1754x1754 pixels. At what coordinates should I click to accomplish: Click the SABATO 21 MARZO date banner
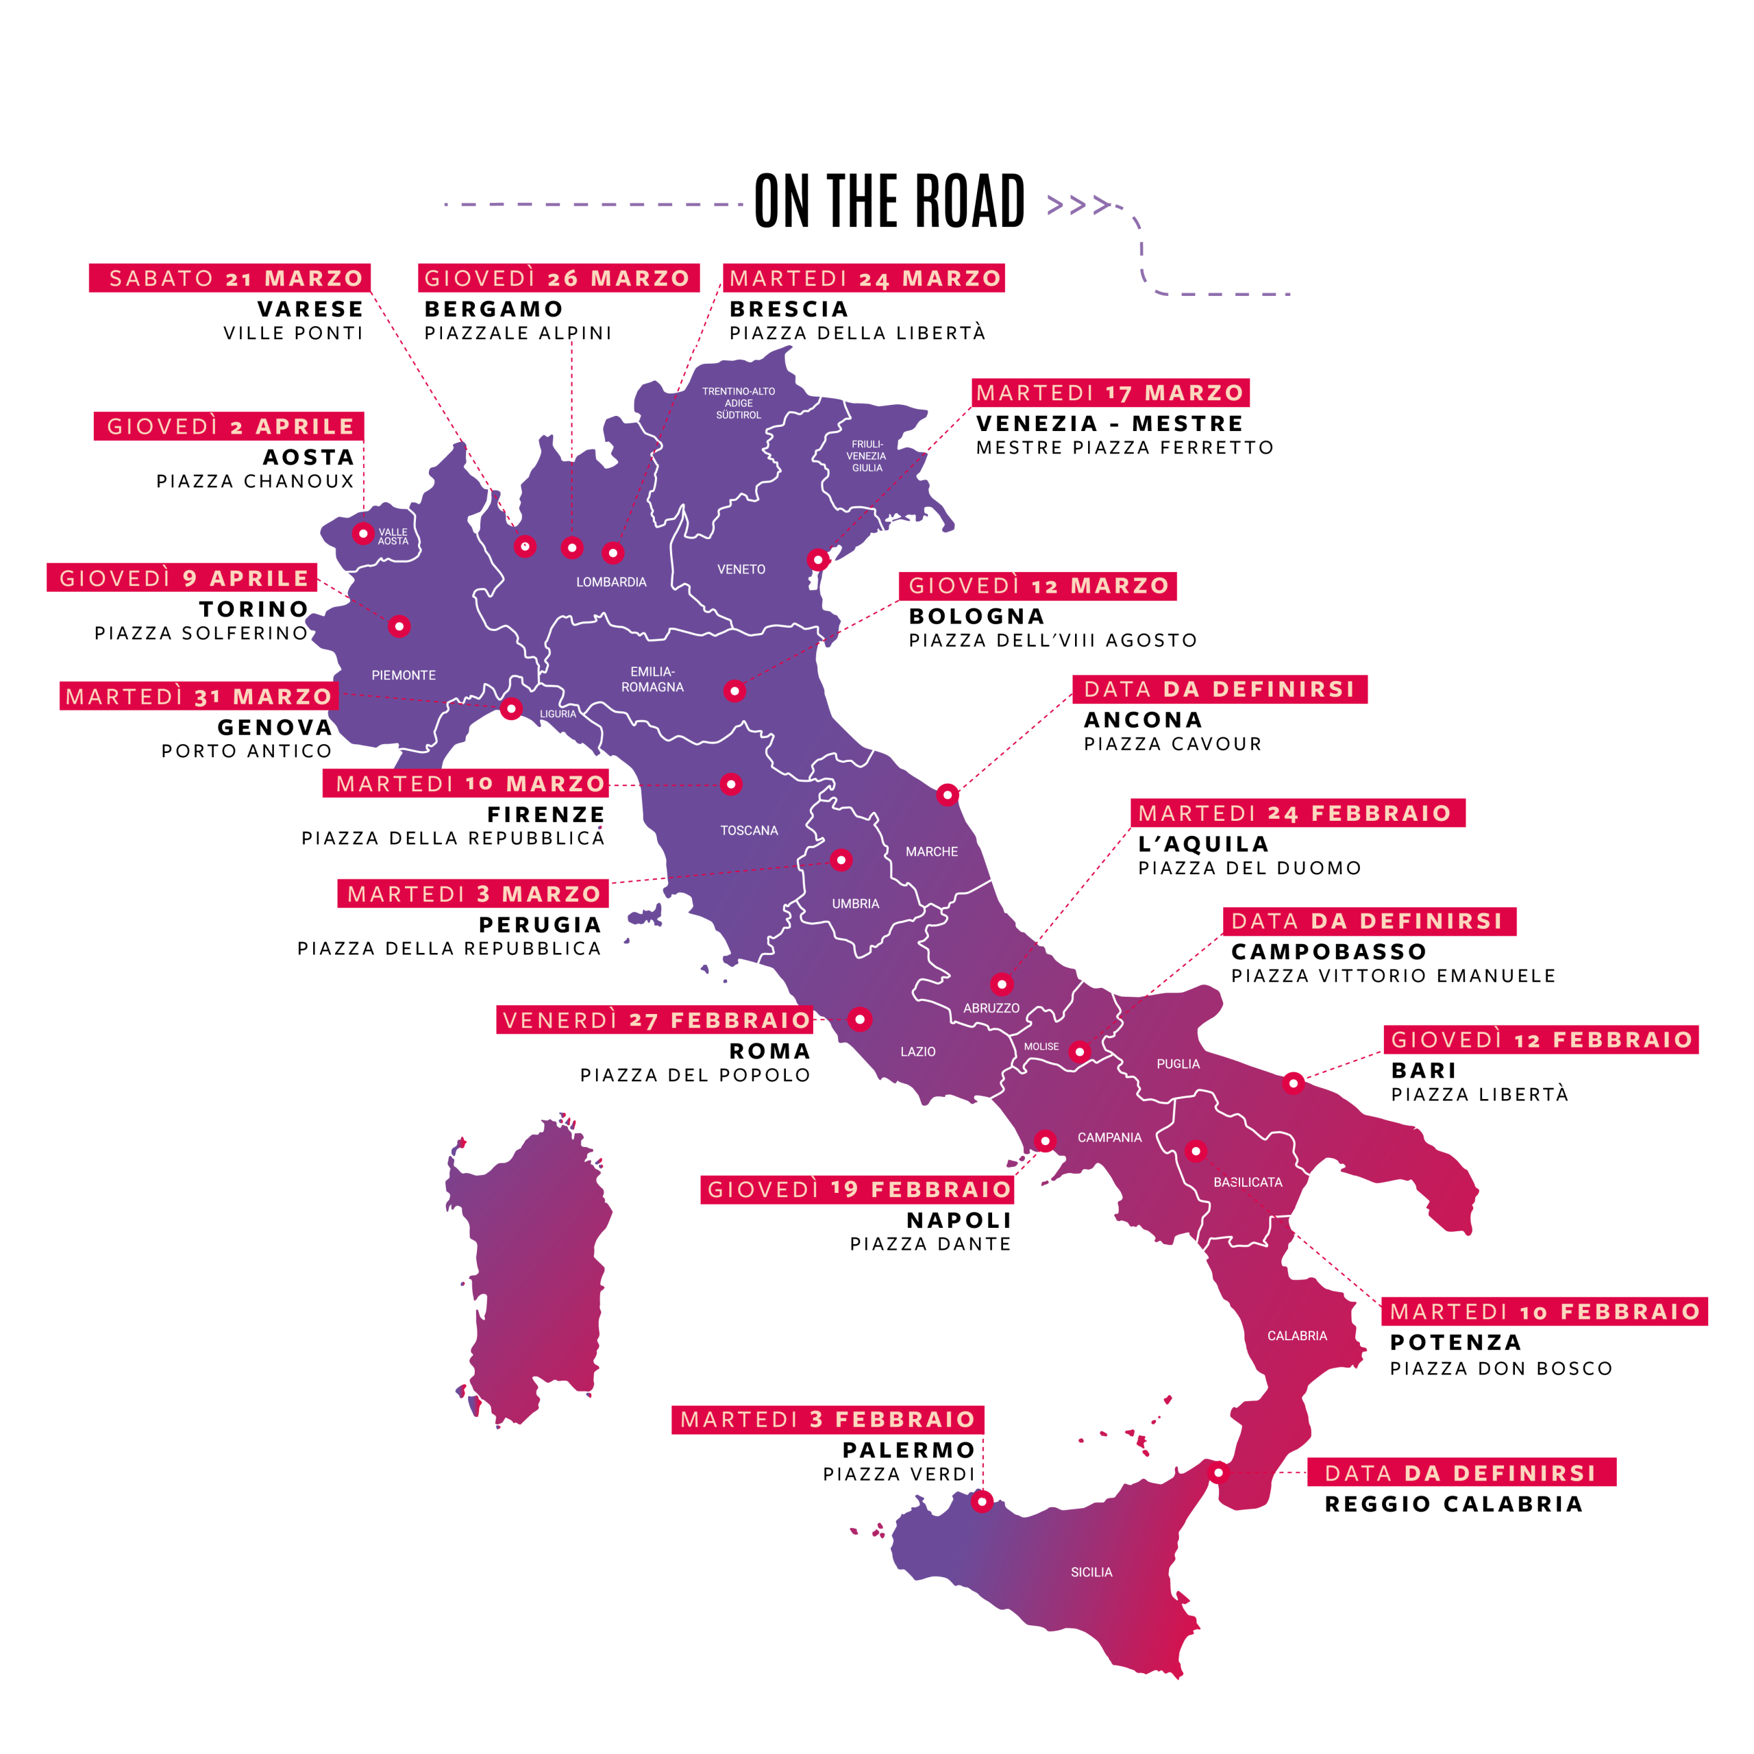[230, 277]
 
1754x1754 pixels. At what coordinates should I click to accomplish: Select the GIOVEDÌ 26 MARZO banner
[558, 277]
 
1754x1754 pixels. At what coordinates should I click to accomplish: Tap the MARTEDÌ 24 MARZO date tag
[864, 277]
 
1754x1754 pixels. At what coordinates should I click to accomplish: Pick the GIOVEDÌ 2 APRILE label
[229, 425]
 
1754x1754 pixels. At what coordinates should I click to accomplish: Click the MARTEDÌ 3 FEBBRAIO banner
[827, 1419]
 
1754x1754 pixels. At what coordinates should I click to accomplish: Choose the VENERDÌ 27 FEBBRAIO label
[654, 1020]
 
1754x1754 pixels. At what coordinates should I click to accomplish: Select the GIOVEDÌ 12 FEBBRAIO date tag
[1541, 1039]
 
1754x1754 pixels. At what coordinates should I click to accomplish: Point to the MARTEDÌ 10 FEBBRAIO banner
[1544, 1311]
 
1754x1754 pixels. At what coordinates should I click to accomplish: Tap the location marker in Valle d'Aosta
[363, 533]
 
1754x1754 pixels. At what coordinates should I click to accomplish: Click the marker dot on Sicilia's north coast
[981, 1502]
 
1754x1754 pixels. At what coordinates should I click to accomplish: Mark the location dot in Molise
[1079, 1051]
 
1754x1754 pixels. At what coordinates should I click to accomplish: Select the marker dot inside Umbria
[841, 860]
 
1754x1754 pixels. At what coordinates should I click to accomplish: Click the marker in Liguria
[511, 708]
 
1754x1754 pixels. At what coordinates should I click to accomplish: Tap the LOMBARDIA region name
[611, 582]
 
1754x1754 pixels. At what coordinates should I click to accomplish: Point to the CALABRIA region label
[1296, 1335]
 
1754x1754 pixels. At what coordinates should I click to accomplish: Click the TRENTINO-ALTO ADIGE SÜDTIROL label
[738, 403]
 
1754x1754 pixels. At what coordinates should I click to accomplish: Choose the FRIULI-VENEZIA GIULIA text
[866, 456]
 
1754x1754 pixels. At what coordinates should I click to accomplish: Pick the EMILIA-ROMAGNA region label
[652, 679]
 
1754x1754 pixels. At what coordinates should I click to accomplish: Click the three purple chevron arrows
[1078, 204]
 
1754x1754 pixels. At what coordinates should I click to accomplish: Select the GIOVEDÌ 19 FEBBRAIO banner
[857, 1189]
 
